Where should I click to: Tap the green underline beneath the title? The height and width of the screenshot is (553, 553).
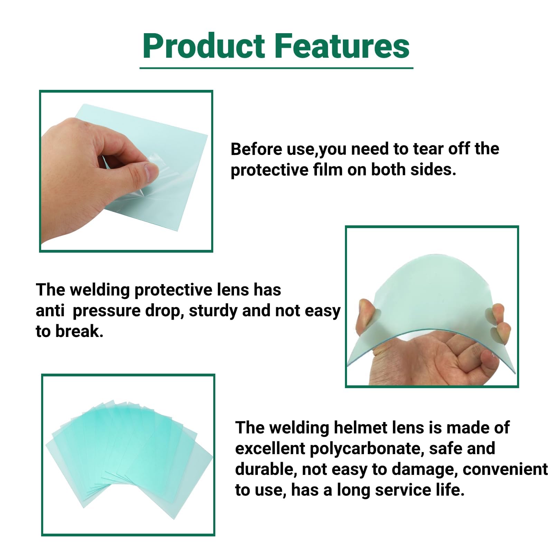click(276, 68)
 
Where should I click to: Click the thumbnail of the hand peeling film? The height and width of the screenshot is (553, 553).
click(126, 171)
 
